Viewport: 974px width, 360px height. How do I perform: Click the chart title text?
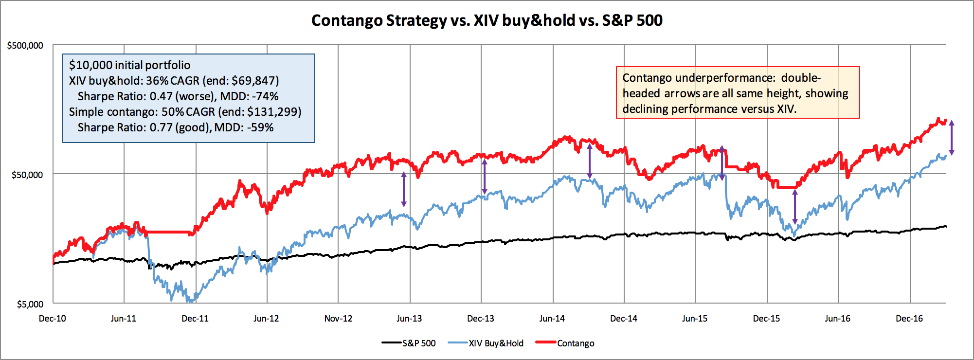point(487,20)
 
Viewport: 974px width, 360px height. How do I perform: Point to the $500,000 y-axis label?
point(25,46)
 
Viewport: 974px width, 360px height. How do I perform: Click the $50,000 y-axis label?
point(27,175)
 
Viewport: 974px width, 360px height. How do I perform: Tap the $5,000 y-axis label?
point(30,305)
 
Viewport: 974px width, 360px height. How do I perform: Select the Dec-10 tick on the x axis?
point(53,319)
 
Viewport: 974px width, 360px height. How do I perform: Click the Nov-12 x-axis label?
point(338,319)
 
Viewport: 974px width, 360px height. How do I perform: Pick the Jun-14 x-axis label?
point(552,319)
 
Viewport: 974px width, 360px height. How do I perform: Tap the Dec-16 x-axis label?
point(909,319)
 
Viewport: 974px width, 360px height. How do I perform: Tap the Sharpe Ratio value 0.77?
point(161,127)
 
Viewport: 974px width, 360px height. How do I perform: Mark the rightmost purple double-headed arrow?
point(952,138)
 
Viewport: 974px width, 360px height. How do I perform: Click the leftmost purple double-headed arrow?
point(403,190)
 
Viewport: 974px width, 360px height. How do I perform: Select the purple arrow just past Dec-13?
point(484,177)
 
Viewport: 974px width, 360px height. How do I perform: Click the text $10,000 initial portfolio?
point(129,65)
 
